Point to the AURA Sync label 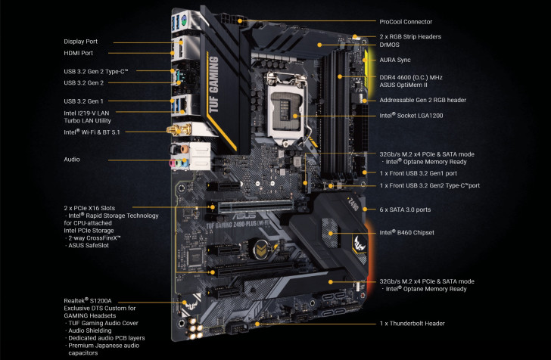point(399,59)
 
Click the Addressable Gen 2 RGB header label point(422,100)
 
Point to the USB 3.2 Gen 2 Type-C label point(96,71)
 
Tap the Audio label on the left point(73,160)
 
